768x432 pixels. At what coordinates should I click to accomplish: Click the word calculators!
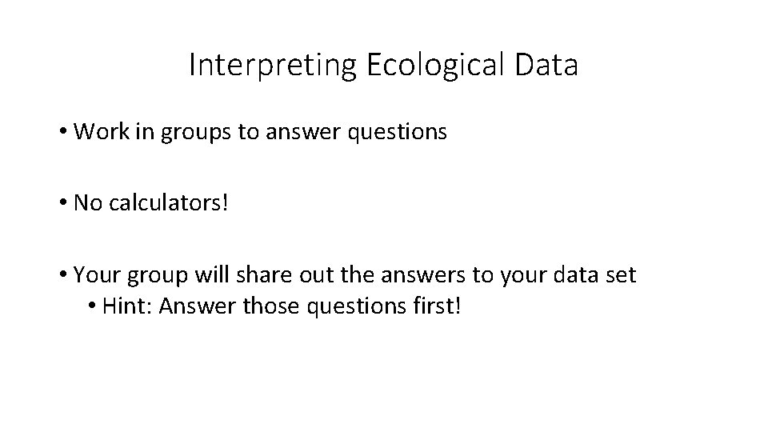169,203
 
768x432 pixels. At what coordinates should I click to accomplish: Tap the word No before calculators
86,203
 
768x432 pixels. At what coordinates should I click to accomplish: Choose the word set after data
621,275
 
